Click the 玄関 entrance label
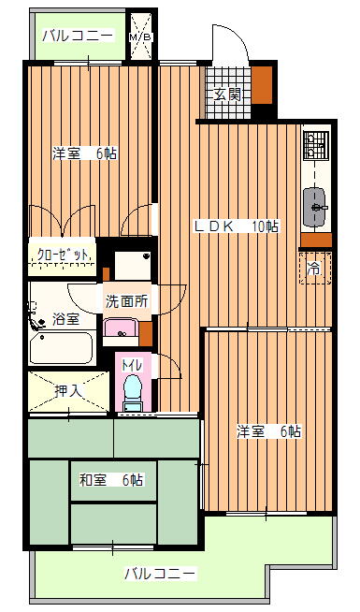tap(227, 95)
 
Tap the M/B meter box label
tap(141, 37)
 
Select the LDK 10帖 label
tap(237, 226)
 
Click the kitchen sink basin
tap(314, 207)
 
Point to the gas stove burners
tap(315, 145)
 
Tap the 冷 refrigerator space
tap(315, 269)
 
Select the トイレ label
tap(132, 365)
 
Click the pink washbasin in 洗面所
tap(122, 328)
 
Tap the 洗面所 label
tap(127, 301)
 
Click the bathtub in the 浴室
tap(62, 348)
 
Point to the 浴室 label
tap(65, 319)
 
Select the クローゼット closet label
tap(63, 255)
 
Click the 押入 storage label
tap(68, 391)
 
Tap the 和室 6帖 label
tap(111, 480)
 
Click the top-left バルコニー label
tap(79, 36)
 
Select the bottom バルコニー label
tap(160, 575)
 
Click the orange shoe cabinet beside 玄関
tap(261, 85)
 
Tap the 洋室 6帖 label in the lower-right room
tap(269, 431)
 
